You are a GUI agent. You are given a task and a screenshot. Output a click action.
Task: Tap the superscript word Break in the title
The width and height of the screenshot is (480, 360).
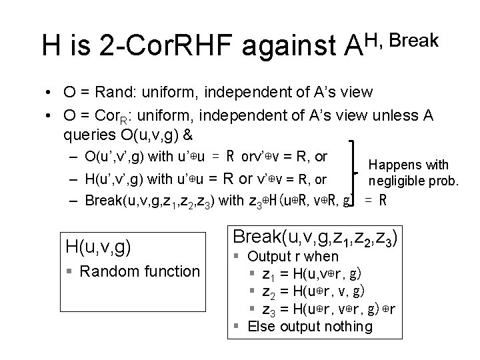pyautogui.click(x=413, y=39)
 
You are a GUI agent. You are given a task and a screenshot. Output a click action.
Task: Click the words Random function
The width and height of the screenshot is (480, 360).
pyautogui.click(x=139, y=271)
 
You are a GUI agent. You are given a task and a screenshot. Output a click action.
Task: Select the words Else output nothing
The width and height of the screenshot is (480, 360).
pyautogui.click(x=310, y=326)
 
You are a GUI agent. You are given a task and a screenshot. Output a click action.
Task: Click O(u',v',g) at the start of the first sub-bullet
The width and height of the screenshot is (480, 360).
pyautogui.click(x=119, y=157)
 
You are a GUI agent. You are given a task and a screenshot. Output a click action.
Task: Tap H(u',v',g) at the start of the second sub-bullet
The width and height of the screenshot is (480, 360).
pyautogui.click(x=119, y=179)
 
